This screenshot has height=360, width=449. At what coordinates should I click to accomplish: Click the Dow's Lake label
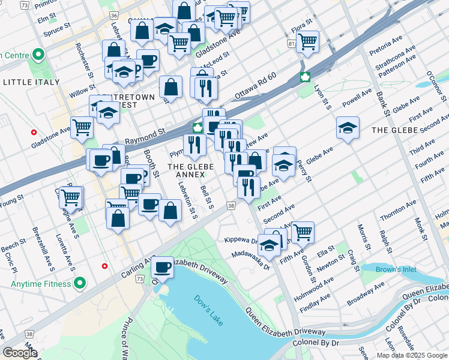coord(208,310)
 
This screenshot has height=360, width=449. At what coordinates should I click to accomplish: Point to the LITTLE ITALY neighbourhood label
coord(31,82)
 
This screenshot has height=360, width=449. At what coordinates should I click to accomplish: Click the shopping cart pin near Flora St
coord(307,41)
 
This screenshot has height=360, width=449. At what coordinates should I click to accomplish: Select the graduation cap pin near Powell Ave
coord(348,127)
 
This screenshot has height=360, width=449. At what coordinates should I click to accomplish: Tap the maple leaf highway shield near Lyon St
coord(306,77)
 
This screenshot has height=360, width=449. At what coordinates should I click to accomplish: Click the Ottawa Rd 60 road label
coord(255,87)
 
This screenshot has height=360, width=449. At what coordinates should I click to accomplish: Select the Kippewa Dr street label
coord(240,239)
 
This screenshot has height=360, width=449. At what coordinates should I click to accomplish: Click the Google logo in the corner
coord(20,353)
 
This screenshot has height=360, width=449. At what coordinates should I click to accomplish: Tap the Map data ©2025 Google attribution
coord(412,355)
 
